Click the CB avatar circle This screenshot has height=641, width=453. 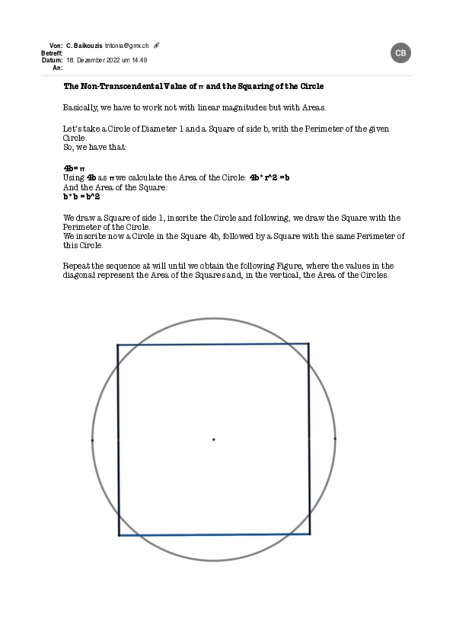click(x=401, y=53)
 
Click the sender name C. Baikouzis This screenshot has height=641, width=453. click(x=85, y=46)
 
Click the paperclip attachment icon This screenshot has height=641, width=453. click(x=157, y=46)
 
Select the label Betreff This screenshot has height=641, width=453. click(x=51, y=53)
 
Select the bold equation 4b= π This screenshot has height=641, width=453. click(x=74, y=167)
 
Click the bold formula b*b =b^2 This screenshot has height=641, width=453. click(x=81, y=196)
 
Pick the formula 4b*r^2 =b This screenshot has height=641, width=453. click(x=270, y=177)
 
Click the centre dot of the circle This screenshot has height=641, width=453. click(x=213, y=439)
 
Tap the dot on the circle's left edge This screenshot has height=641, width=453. click(x=92, y=439)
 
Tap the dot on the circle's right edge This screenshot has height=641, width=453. click(x=335, y=438)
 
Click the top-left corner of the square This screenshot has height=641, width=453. click(x=118, y=345)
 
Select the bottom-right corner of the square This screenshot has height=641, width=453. click(x=310, y=534)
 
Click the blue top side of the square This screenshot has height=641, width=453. click(x=213, y=344)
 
